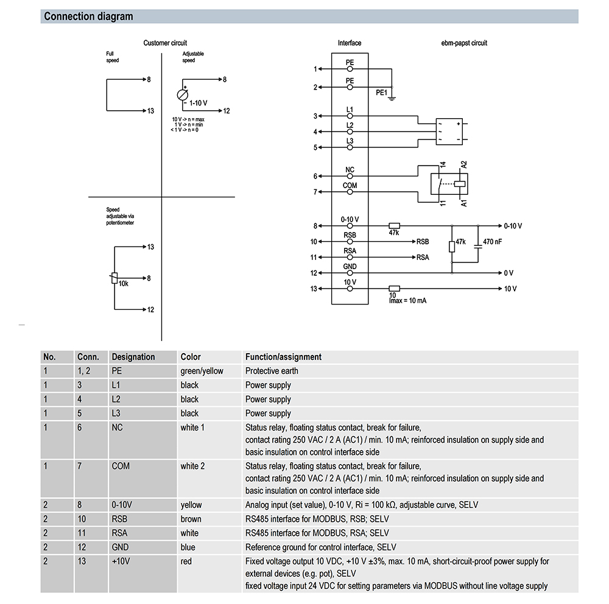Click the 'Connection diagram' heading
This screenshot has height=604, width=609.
click(88, 16)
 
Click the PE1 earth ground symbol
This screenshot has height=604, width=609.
click(392, 96)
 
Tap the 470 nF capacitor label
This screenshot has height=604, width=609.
click(492, 242)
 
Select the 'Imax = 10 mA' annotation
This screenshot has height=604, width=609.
click(407, 301)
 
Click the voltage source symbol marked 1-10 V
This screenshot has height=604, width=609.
click(182, 94)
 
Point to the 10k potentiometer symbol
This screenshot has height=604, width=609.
click(113, 278)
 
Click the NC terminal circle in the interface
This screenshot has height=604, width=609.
click(350, 176)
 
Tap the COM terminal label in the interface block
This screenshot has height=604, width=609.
click(350, 185)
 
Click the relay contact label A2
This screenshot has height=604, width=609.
click(464, 165)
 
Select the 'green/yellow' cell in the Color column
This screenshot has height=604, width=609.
click(202, 371)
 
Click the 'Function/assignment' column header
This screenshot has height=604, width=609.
click(283, 357)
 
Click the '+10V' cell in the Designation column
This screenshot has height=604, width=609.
click(122, 561)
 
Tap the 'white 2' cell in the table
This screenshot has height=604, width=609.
click(192, 466)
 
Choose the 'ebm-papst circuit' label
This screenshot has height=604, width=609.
click(464, 43)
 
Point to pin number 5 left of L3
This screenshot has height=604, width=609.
click(315, 147)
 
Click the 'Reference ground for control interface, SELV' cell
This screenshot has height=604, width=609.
click(320, 547)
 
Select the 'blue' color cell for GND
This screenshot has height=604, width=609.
click(188, 547)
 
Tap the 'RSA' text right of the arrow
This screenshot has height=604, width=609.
click(423, 258)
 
